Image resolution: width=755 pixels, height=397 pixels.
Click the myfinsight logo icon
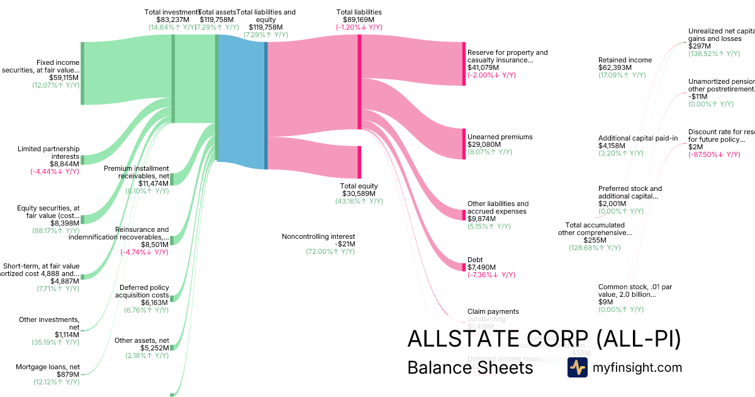point(577,367)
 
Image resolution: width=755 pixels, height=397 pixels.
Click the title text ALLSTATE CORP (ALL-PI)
point(544,339)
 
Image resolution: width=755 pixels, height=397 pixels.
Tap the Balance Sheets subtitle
point(470,367)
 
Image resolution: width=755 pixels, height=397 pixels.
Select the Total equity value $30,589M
point(359,193)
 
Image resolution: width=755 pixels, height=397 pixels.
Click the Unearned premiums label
point(500,137)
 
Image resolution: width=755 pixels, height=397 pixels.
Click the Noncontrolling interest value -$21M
point(341,244)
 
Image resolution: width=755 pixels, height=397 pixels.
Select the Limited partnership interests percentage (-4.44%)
point(55,171)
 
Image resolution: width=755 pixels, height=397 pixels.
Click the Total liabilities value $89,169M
point(359,20)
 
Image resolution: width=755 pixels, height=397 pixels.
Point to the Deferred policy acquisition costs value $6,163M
point(155,302)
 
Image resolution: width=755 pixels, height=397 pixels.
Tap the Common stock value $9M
point(605,302)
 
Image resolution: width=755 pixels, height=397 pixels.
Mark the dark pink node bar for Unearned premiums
point(464,144)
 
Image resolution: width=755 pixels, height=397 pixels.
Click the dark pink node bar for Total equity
point(359,162)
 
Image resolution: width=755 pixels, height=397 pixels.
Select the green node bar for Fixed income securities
point(82,73)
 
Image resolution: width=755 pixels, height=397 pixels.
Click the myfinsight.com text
point(637,367)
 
